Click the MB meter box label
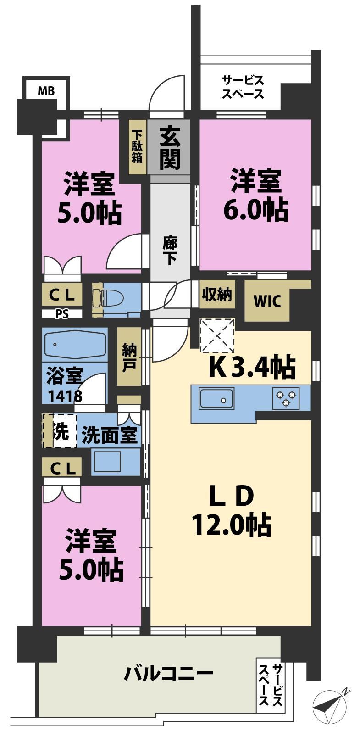46,90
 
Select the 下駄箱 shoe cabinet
138,147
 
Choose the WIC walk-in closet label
267,301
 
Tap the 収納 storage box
217,294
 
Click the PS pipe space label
62,314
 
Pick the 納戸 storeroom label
129,357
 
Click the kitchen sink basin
216,398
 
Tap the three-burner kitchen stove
286,398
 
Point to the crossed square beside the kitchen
217,335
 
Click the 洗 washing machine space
60,430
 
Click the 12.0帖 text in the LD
231,525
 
